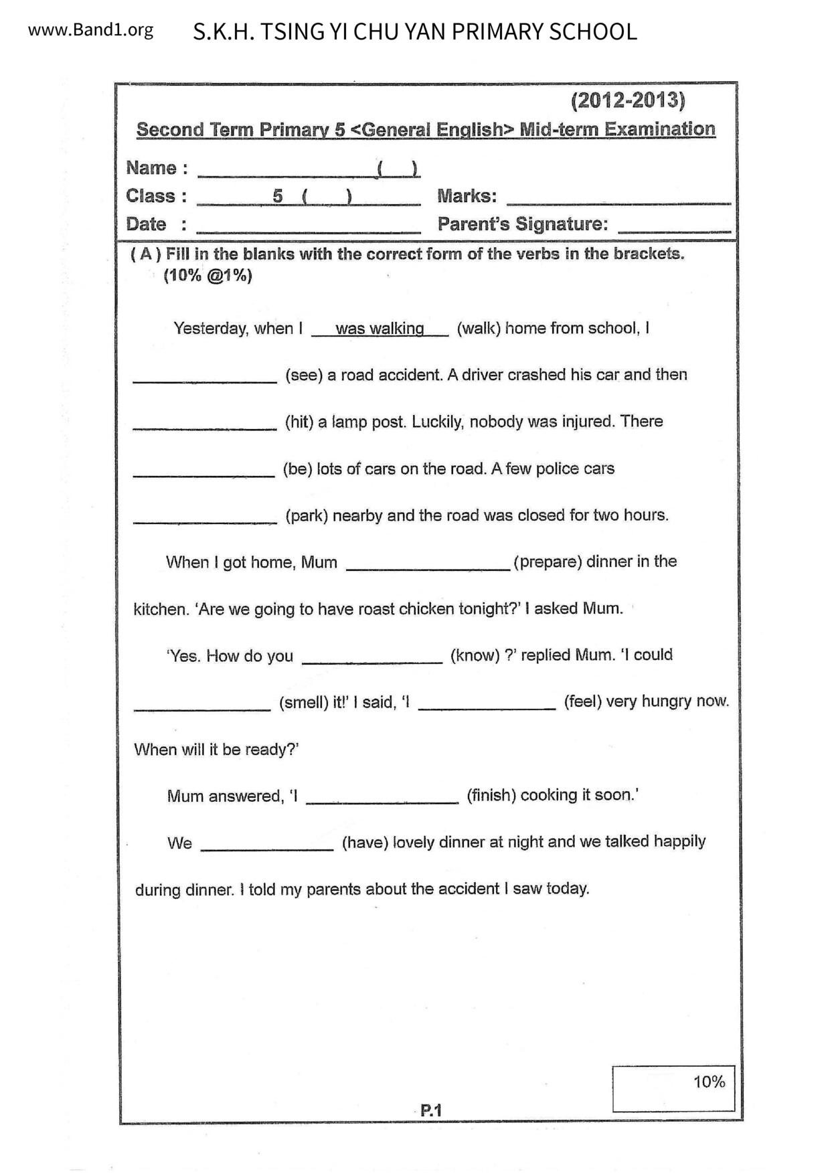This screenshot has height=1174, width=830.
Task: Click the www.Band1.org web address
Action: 90,30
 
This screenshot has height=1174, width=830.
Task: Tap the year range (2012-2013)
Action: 627,100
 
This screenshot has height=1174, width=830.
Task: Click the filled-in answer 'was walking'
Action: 380,329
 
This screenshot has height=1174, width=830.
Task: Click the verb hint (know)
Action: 475,655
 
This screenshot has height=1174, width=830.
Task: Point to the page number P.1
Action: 431,1110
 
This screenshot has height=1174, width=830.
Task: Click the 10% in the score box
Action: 709,1082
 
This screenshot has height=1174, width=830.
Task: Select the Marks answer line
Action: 618,199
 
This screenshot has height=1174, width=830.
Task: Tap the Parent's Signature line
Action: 674,228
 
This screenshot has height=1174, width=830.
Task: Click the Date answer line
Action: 309,228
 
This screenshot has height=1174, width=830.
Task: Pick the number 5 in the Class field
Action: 278,196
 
